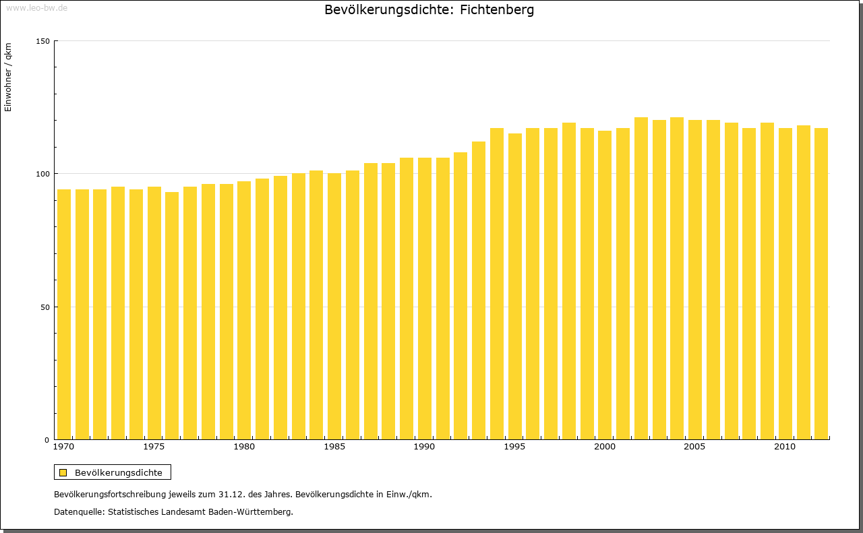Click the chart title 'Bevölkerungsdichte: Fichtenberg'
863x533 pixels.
[429, 10]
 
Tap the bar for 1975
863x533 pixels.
[154, 313]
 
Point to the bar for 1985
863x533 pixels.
[334, 306]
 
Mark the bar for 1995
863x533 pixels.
[515, 286]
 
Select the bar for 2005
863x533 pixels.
[695, 280]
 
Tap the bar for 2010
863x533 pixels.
[785, 284]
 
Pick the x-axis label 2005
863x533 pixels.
[695, 447]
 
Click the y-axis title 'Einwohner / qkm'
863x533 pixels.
[8, 77]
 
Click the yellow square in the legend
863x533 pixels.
[63, 472]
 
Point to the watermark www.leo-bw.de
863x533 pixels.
[36, 7]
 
